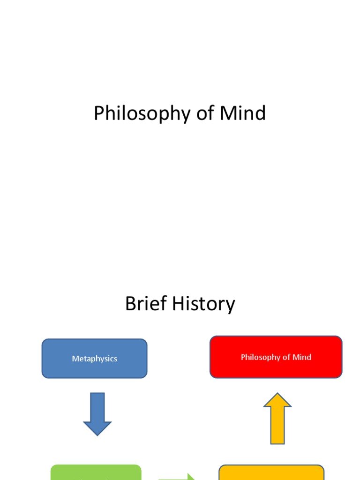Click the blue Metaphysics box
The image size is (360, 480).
[94, 358]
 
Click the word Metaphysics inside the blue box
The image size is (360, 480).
[94, 359]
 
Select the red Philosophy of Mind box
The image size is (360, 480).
[276, 357]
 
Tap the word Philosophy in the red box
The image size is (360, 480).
[260, 357]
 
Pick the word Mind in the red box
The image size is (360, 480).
[302, 357]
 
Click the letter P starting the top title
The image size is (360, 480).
[98, 113]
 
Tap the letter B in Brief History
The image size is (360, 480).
[130, 304]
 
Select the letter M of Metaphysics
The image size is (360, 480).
[75, 359]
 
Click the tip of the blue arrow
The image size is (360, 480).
[97, 434]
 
